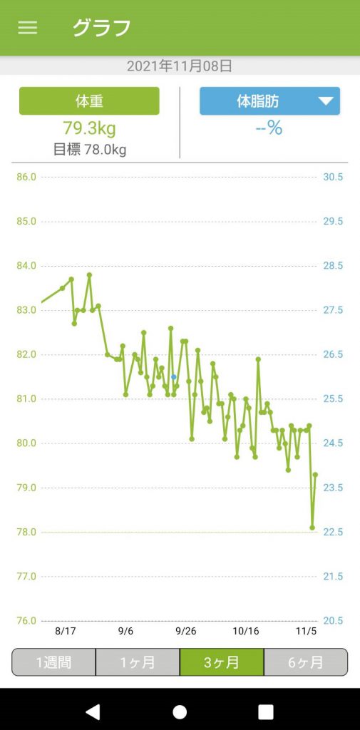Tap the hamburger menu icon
point(28,28)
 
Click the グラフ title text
point(101,28)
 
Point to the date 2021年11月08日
point(180,66)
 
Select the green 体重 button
point(89,101)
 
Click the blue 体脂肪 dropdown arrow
point(326,101)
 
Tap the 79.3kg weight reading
point(89,128)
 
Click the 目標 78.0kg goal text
point(89,150)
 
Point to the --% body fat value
point(269,128)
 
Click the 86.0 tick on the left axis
point(26,177)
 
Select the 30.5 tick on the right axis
point(333,177)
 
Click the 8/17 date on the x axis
point(65,631)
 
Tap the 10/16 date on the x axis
point(246,631)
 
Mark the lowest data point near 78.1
point(312,528)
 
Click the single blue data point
point(173,376)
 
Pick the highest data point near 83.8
point(89,274)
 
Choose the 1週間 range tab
point(53,662)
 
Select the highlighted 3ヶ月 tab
point(222,662)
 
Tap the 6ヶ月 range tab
point(306,662)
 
